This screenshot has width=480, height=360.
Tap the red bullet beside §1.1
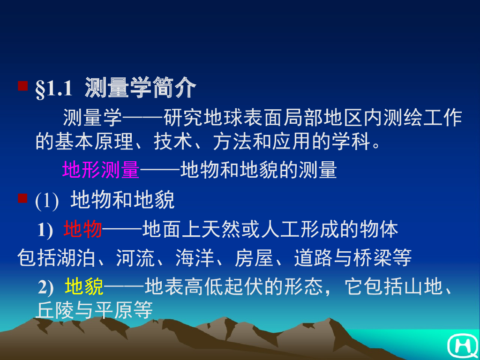22,86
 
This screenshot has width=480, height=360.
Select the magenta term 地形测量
101,170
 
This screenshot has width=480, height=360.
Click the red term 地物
83,230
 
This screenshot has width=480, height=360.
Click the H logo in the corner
462,345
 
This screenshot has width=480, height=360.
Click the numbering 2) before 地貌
46,287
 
